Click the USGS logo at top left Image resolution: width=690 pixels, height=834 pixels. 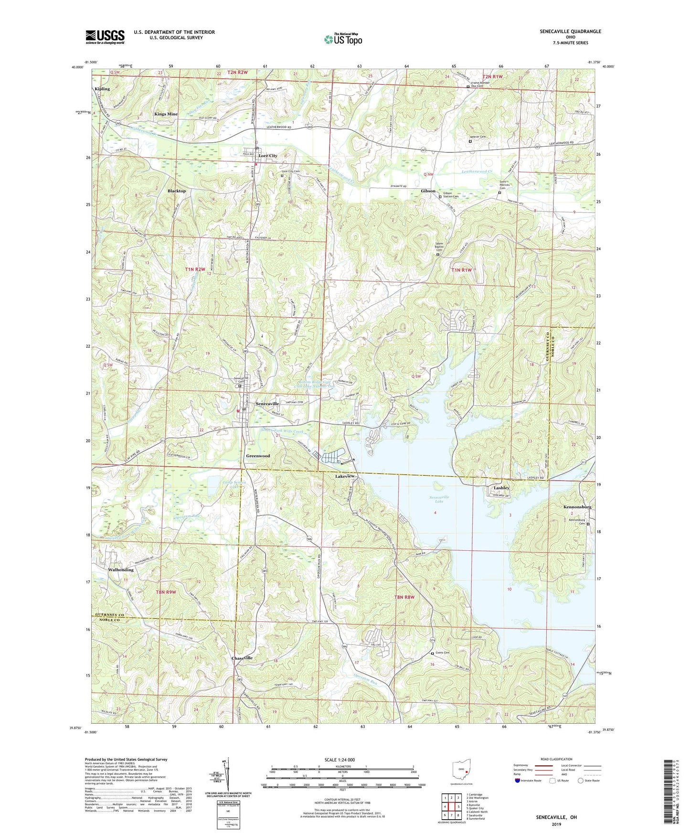pos(105,36)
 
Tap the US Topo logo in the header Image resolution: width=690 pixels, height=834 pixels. pos(343,39)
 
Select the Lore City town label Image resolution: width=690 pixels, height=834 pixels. pos(268,156)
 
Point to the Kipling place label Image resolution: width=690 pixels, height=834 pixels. pos(102,89)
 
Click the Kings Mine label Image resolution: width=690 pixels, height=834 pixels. pos(166,114)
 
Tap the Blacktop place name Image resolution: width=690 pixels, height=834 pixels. pos(177,191)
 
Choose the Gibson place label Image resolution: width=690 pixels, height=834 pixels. pos(428,191)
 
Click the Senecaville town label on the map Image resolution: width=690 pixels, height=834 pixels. pos(267,404)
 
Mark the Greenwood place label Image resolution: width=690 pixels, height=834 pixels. pos(258,456)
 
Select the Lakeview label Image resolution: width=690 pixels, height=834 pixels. pos(345,477)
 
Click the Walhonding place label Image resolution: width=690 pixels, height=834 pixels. pos(121,570)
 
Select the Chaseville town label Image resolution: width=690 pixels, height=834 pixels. pos(242,658)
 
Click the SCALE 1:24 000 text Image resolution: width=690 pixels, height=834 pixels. pos(342,760)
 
